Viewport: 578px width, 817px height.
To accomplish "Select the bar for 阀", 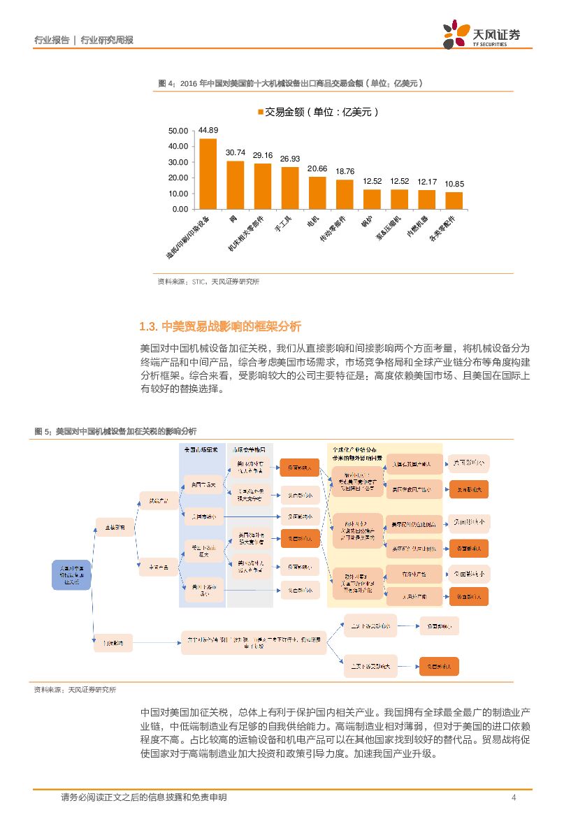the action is point(235,185).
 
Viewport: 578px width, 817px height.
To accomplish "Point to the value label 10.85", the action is point(454,184).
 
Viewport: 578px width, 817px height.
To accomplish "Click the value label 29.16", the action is point(263,155).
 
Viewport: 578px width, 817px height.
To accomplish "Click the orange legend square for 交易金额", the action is point(261,112).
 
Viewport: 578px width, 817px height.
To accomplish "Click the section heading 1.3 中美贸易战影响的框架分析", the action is point(220,326).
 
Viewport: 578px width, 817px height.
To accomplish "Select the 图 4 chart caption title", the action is point(291,83).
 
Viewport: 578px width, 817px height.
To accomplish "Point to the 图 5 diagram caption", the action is point(115,431).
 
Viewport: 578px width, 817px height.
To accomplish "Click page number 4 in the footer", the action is point(513,797).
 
